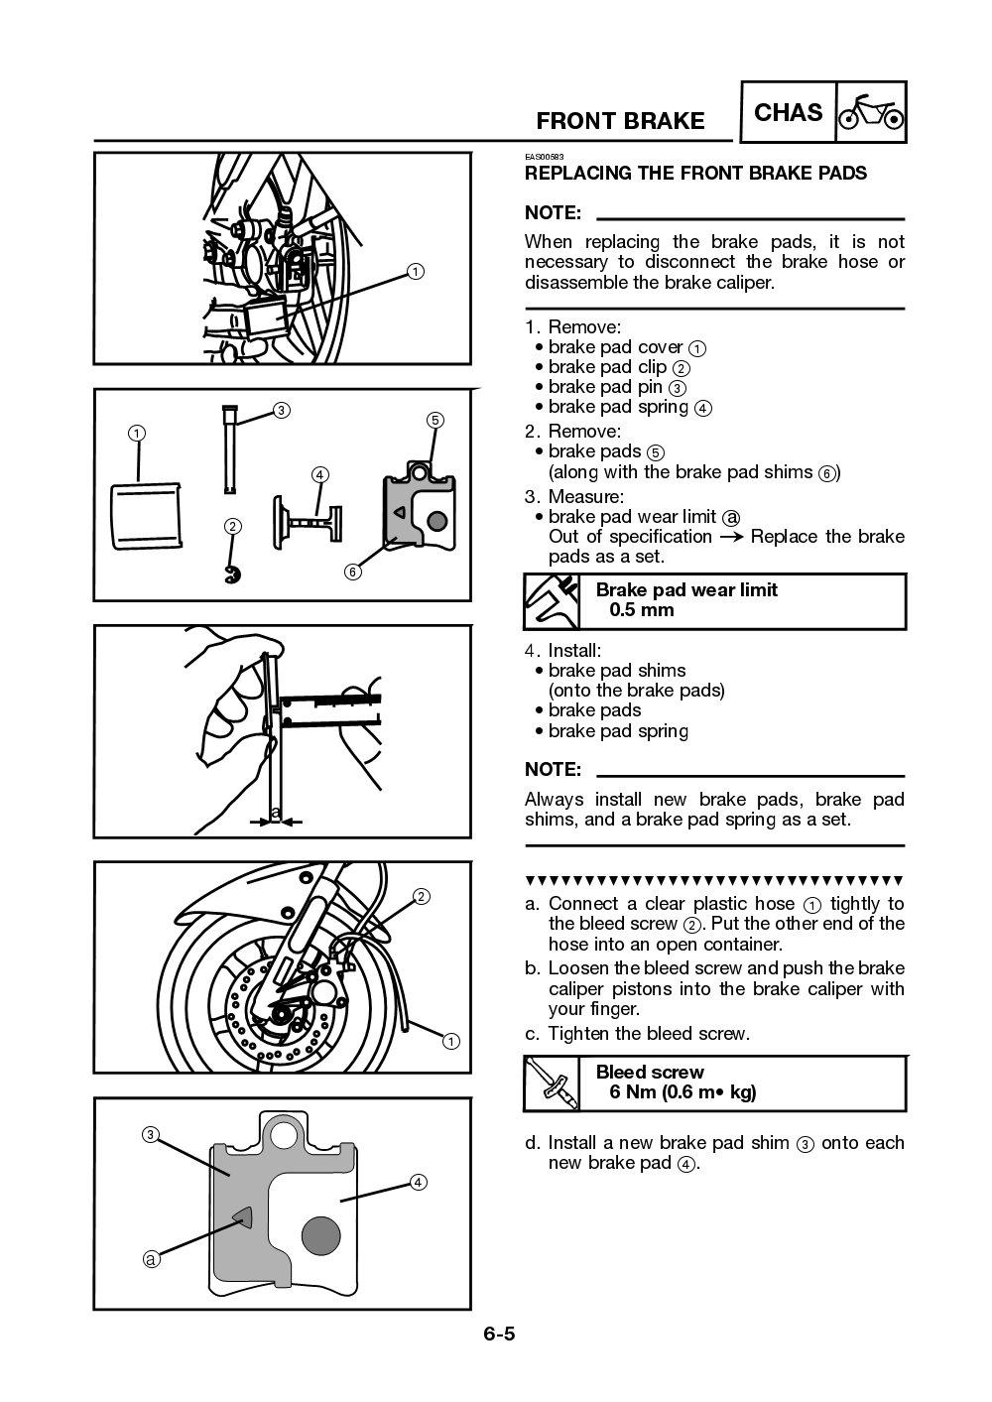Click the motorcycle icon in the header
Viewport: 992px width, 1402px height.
(x=871, y=113)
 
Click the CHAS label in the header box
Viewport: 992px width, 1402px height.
(x=788, y=112)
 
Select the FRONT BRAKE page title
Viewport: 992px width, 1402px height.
(x=620, y=121)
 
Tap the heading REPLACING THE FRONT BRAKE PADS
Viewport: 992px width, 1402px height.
(x=695, y=174)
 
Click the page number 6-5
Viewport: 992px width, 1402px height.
(x=499, y=1334)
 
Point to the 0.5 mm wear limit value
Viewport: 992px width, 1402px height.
(x=641, y=610)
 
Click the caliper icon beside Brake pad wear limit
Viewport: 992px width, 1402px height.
(x=553, y=601)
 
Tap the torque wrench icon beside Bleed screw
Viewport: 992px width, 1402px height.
(x=553, y=1083)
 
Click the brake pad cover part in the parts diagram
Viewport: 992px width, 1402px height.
(x=145, y=514)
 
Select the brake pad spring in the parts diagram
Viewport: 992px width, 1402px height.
(x=306, y=517)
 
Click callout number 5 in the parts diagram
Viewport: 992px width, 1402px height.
(x=434, y=420)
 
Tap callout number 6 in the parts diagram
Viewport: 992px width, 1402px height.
(x=353, y=572)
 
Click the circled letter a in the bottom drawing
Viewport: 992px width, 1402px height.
(x=151, y=1259)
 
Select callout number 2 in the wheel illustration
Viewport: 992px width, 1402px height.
(x=421, y=896)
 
